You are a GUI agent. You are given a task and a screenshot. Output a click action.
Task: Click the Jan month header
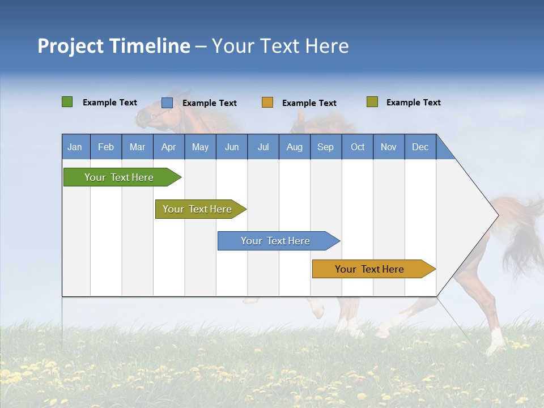75,147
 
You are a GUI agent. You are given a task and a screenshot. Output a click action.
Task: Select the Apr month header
169,147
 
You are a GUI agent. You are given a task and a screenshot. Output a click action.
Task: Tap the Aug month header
295,147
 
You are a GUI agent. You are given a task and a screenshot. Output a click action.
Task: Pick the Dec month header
420,147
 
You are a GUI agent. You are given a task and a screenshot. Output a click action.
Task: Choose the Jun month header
232,147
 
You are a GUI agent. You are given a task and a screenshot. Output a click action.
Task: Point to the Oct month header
358,147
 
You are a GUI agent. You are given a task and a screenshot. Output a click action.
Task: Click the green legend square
67,102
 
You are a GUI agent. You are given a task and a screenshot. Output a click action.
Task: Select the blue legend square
167,103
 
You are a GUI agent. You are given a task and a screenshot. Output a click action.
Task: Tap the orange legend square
267,103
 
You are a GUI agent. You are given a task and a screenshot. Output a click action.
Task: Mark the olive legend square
372,102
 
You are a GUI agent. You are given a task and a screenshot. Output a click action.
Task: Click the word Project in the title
70,46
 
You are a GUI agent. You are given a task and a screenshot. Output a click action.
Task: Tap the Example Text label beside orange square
309,103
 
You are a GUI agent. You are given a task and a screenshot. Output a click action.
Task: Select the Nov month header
389,147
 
